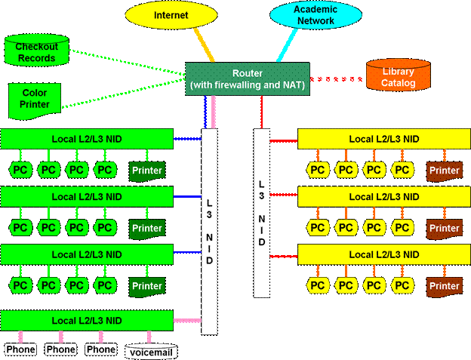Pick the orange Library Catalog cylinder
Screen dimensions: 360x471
coord(398,76)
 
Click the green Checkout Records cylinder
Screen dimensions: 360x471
coord(35,51)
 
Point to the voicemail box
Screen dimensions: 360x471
coord(152,351)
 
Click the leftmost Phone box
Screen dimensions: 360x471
coord(20,349)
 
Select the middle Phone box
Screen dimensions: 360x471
coord(60,349)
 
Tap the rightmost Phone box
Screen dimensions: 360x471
coord(100,349)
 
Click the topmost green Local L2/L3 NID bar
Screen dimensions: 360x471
coord(86,138)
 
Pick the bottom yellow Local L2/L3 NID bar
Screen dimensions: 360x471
coord(383,254)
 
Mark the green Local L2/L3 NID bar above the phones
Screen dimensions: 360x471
coord(86,320)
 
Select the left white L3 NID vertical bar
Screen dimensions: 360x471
coord(210,230)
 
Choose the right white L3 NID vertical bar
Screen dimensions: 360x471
coord(261,212)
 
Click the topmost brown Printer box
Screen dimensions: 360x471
coord(444,171)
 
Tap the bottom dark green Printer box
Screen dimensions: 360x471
coord(147,286)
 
